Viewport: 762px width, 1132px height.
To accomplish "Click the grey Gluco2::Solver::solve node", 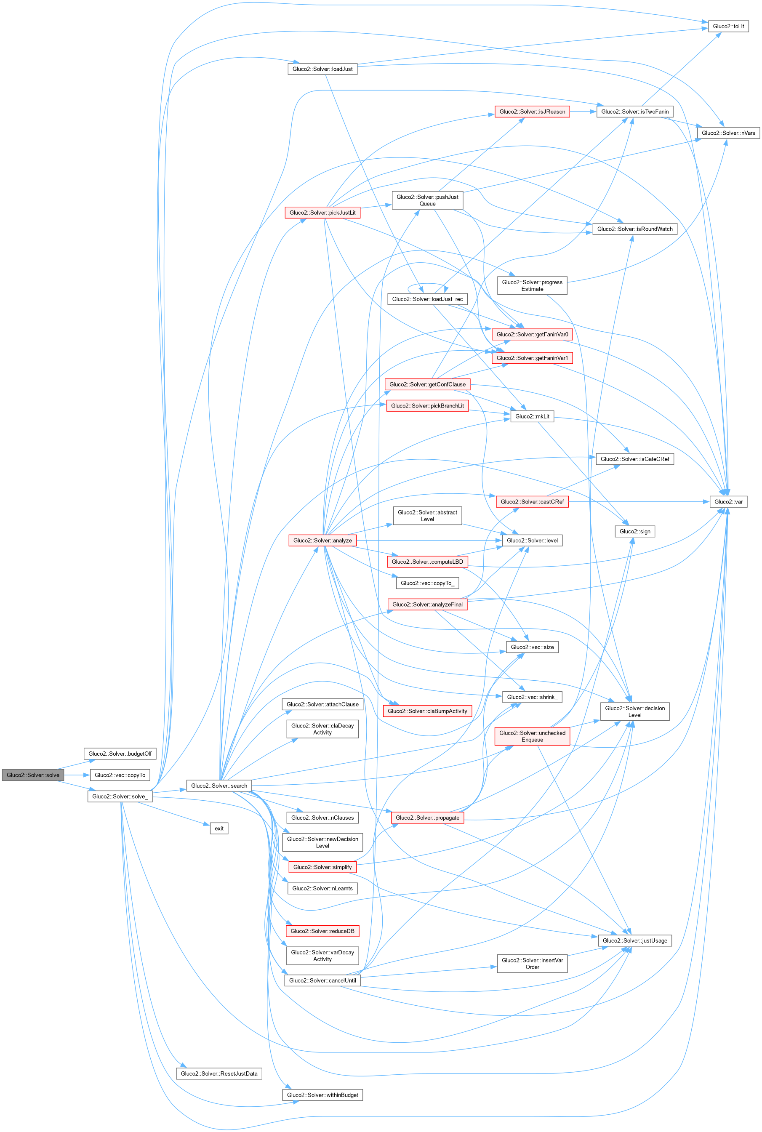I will pos(32,775).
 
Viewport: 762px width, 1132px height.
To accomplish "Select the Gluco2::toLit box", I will pos(728,26).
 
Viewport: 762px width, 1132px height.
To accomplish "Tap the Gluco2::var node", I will pos(728,501).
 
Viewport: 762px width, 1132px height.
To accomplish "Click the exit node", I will pos(218,828).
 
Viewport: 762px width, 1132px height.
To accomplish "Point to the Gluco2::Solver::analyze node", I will pos(322,540).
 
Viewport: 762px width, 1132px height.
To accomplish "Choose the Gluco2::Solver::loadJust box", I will pos(322,69).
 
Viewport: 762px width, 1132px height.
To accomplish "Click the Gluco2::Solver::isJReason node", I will pos(532,112).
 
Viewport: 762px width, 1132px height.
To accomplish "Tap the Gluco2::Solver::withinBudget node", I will pos(322,1095).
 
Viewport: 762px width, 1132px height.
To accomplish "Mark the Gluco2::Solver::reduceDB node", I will pos(322,931).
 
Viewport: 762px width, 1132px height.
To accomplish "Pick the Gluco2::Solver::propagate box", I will pos(427,818).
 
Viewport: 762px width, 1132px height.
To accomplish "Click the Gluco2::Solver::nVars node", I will pos(728,133).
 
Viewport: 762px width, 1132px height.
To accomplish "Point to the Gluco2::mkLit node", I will pos(532,416).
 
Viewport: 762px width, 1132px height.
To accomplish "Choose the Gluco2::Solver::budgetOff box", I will pos(120,754).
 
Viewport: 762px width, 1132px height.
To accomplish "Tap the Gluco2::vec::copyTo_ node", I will pos(427,583).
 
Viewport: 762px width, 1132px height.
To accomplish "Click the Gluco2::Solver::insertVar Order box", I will pos(532,964).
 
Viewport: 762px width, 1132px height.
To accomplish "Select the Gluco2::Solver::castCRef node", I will pos(532,501).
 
